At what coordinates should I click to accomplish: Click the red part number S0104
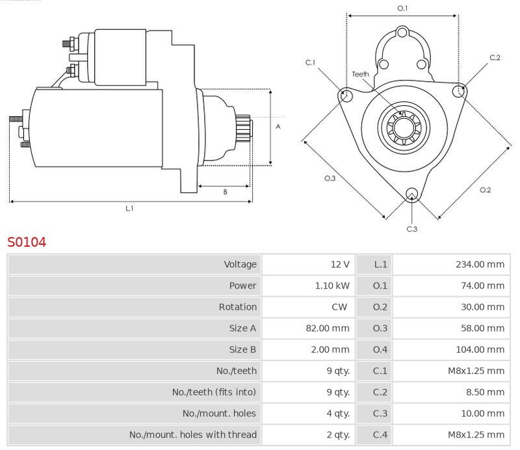[x=27, y=242]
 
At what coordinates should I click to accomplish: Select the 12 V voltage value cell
[x=339, y=264]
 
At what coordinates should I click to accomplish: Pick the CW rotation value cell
[x=339, y=307]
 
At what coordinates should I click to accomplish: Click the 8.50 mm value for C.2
[x=487, y=392]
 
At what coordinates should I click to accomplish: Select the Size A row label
[x=242, y=329]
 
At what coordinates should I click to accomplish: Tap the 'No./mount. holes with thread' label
[x=192, y=434]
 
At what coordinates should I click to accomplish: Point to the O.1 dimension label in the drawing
[x=402, y=8]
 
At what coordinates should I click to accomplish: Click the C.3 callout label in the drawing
[x=411, y=229]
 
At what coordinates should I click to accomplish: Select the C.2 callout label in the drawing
[x=495, y=58]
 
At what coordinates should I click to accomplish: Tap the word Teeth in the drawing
[x=360, y=74]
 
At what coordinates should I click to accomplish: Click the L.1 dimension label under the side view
[x=129, y=208]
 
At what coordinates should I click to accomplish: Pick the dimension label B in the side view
[x=225, y=192]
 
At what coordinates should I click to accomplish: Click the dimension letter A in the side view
[x=278, y=127]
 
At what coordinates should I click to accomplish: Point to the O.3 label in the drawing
[x=330, y=179]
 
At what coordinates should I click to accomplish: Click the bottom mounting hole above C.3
[x=411, y=194]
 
